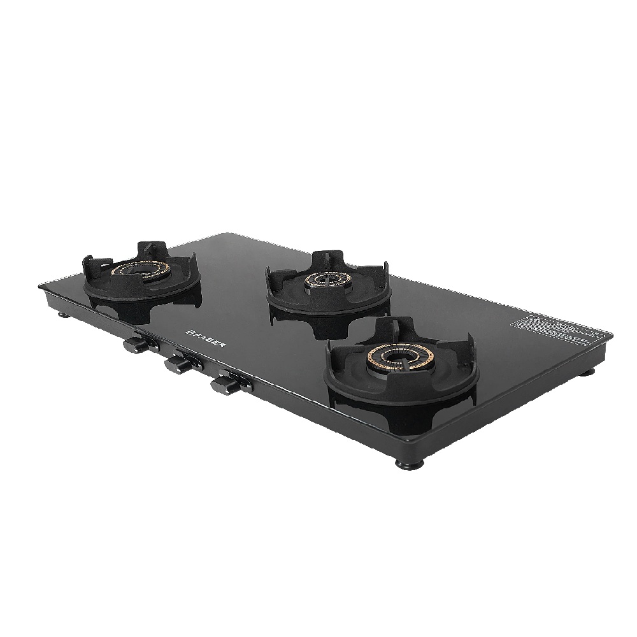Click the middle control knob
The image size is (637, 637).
177,364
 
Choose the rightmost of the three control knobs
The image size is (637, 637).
223,384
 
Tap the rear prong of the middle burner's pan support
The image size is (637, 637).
327,258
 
